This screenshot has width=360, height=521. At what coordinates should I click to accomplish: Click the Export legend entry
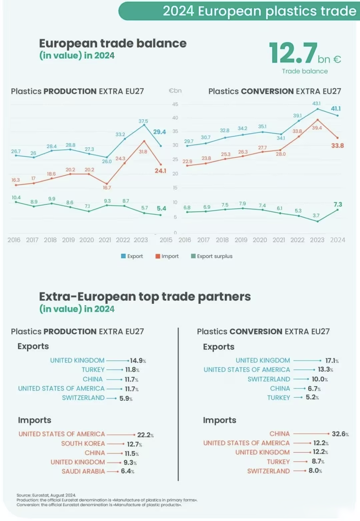pyautogui.click(x=132, y=256)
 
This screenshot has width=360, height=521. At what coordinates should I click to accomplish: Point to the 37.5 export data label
pyautogui.click(x=143, y=121)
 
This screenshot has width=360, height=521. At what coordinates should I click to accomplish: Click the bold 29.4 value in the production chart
pyautogui.click(x=159, y=132)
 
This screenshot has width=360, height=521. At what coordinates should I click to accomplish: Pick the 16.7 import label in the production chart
pyautogui.click(x=107, y=188)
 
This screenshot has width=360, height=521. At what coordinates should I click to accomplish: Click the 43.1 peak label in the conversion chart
pyautogui.click(x=316, y=104)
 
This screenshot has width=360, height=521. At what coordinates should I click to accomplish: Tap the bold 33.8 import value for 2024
pyautogui.click(x=337, y=146)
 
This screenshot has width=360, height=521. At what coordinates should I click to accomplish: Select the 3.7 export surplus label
pyautogui.click(x=316, y=216)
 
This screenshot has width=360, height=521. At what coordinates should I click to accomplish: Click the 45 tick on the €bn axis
pyautogui.click(x=175, y=104)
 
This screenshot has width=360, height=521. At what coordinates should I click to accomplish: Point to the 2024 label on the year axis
pyautogui.click(x=337, y=240)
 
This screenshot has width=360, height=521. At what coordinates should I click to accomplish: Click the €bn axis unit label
pyautogui.click(x=175, y=91)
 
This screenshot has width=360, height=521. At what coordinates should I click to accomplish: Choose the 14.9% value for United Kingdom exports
pyautogui.click(x=138, y=361)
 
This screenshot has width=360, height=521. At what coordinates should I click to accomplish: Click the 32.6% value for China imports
pyautogui.click(x=340, y=434)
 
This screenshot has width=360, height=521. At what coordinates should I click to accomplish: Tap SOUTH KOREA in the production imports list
pyautogui.click(x=83, y=443)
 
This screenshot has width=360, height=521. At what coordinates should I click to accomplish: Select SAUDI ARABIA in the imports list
pyautogui.click(x=83, y=471)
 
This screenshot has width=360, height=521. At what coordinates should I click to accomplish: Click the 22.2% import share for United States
pyautogui.click(x=145, y=435)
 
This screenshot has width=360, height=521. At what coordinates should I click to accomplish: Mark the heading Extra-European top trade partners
pyautogui.click(x=145, y=296)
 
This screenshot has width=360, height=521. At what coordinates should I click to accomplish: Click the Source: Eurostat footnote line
pyautogui.click(x=46, y=495)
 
